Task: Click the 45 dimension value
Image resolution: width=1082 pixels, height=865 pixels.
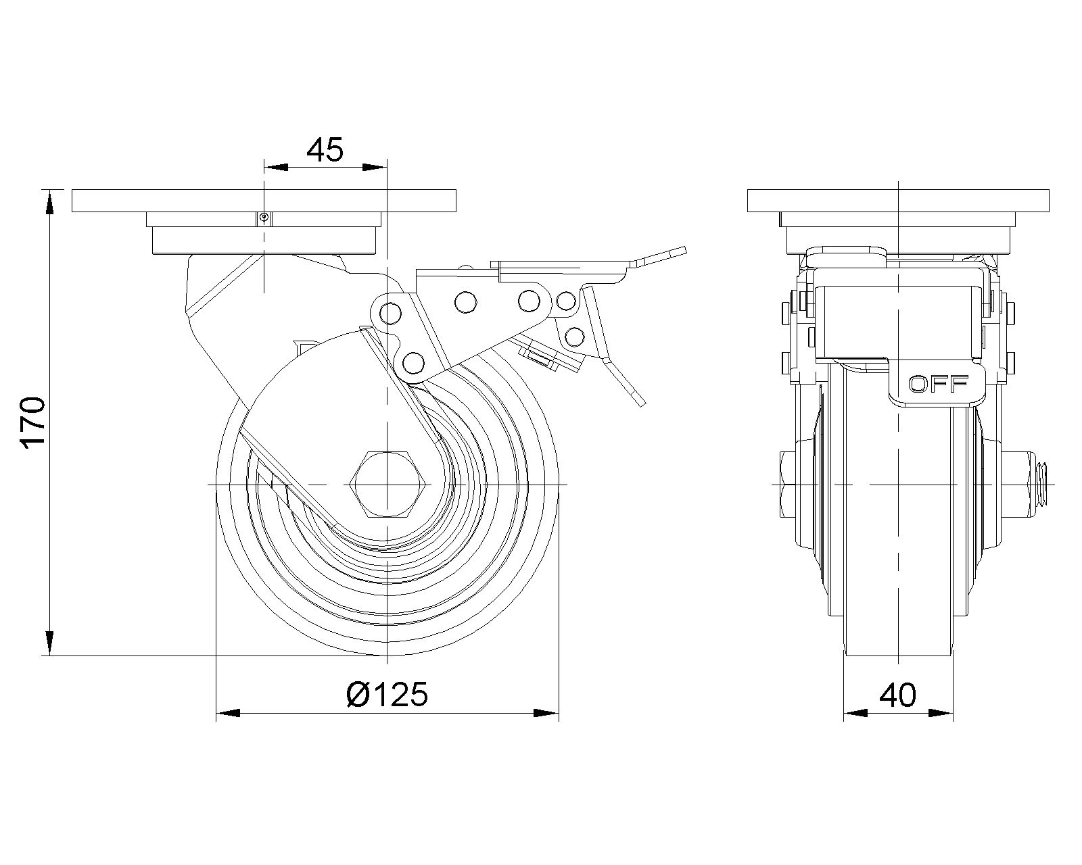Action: pyautogui.click(x=325, y=150)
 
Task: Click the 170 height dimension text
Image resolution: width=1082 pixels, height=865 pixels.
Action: pyautogui.click(x=32, y=423)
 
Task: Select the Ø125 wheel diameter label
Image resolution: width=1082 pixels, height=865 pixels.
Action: pyautogui.click(x=387, y=694)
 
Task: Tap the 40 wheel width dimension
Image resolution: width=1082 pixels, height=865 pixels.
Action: pyautogui.click(x=898, y=695)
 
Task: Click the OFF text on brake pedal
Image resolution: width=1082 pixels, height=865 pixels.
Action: pyautogui.click(x=937, y=385)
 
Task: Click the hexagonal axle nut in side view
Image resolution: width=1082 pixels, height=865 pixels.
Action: pyautogui.click(x=383, y=485)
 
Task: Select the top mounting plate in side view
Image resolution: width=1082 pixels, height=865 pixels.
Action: pyautogui.click(x=264, y=201)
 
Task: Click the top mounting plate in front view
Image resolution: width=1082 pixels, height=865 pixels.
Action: pyautogui.click(x=898, y=201)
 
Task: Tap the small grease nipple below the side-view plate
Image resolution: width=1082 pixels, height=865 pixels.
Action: pyautogui.click(x=264, y=218)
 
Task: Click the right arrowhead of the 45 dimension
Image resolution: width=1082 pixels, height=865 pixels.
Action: pyautogui.click(x=374, y=167)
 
